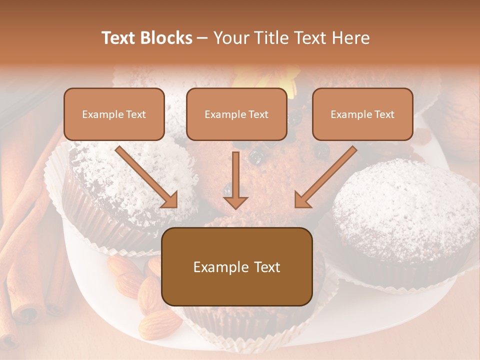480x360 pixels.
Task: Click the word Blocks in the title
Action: pyautogui.click(x=166, y=38)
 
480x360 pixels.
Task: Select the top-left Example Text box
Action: pyautogui.click(x=114, y=114)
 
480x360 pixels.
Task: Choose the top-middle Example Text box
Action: pyautogui.click(x=236, y=114)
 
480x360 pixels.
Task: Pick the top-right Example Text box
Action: pyautogui.click(x=362, y=114)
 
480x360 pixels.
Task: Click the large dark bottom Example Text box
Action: pyautogui.click(x=237, y=267)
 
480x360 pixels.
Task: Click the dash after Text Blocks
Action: pyautogui.click(x=202, y=38)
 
